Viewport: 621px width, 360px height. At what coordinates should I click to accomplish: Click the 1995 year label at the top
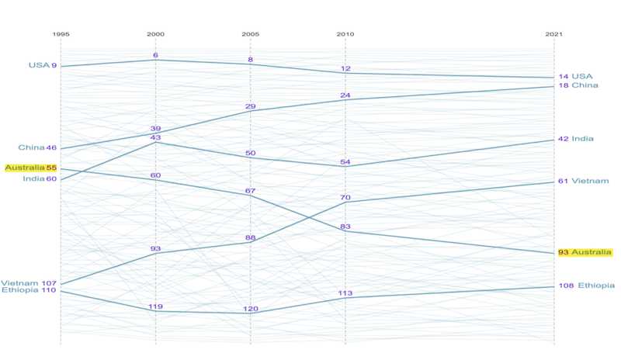(61, 35)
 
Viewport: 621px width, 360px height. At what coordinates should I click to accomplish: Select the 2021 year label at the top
(553, 35)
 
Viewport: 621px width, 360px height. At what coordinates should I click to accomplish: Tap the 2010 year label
(345, 35)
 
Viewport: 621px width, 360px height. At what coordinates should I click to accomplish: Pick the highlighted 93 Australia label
(585, 252)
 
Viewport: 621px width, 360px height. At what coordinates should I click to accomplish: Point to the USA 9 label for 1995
(43, 65)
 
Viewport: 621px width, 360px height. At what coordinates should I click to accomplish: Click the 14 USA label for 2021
(575, 76)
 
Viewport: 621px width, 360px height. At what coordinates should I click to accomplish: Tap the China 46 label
(38, 147)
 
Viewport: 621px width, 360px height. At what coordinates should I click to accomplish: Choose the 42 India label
(576, 139)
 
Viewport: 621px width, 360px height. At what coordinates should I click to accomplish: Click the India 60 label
(40, 178)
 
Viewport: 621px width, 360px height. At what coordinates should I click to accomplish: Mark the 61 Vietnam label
(584, 181)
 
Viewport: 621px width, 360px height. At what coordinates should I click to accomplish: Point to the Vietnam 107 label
(29, 283)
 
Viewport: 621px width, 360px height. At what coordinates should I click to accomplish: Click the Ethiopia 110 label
(29, 291)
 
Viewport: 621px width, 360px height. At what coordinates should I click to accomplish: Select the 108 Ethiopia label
(586, 286)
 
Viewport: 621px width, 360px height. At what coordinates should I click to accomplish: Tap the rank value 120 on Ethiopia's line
(251, 309)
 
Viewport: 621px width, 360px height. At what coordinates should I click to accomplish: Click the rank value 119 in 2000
(155, 306)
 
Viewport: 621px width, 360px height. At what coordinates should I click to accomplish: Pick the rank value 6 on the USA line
(155, 55)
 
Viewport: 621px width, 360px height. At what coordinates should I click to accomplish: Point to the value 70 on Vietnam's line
(345, 198)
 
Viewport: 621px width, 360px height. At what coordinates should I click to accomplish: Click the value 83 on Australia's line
(345, 226)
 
